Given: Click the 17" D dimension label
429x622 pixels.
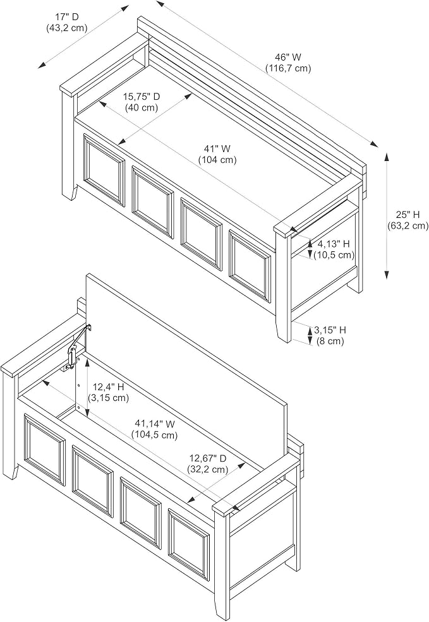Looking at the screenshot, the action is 67,16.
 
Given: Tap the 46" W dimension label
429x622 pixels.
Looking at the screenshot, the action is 288,57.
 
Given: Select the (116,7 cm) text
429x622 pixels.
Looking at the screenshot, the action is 288,69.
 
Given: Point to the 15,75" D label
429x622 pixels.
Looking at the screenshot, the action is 142,97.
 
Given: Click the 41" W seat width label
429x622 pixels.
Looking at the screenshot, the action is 217,149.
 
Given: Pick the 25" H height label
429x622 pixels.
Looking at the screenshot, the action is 408,215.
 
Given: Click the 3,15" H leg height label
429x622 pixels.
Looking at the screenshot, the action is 330,330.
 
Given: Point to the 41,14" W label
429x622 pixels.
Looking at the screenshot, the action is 155,424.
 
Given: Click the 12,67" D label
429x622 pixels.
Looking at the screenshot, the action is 208,458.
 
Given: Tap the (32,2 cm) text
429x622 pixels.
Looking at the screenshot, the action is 208,469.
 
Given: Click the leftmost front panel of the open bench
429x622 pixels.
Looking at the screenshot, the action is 44,450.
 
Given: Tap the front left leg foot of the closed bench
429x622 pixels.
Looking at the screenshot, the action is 72,193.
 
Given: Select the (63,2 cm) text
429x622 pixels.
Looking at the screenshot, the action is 408,225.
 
